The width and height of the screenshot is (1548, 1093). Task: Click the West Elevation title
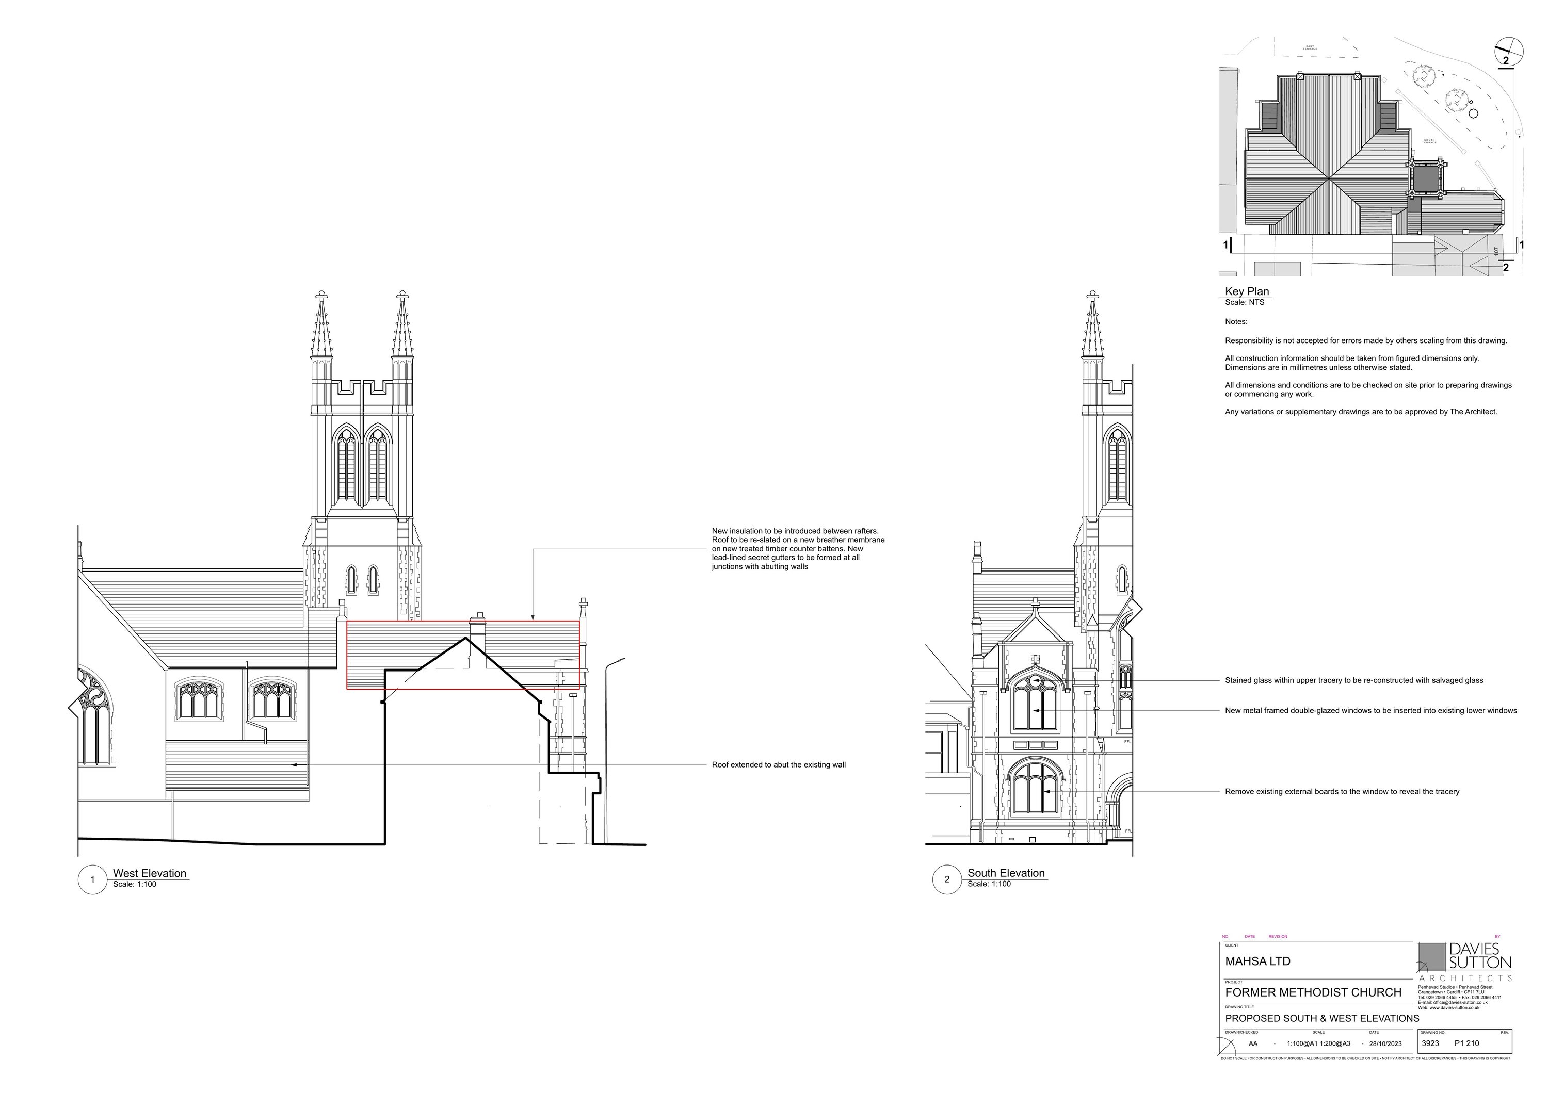click(149, 873)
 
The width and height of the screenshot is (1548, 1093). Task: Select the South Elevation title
click(1005, 873)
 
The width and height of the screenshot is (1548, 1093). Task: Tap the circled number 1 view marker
click(92, 879)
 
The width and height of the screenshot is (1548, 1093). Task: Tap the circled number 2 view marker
click(946, 879)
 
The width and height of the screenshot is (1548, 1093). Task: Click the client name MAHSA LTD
click(1257, 961)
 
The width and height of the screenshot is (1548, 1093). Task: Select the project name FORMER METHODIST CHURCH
click(1313, 992)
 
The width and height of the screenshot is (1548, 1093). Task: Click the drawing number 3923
click(1429, 1043)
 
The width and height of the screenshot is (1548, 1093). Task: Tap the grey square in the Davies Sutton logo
click(1431, 957)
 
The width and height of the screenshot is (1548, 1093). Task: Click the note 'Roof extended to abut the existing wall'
click(778, 765)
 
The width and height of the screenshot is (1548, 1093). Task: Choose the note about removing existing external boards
click(1342, 792)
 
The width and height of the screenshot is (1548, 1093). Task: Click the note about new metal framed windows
click(1370, 710)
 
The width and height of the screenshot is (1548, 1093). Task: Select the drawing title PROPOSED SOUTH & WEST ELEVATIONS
click(1321, 1018)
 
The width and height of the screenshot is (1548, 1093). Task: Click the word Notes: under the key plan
click(1236, 322)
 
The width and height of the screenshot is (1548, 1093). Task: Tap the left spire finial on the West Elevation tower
click(321, 295)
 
